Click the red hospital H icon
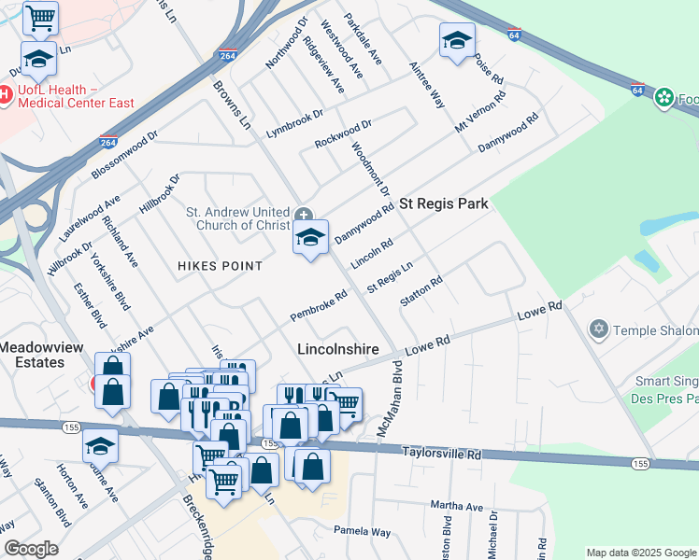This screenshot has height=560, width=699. [x=5, y=94]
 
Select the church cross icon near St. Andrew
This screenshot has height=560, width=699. [x=304, y=216]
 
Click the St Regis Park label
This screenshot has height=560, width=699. [x=444, y=203]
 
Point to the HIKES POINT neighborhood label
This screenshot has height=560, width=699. [x=221, y=266]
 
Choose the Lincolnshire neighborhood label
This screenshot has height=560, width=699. [x=337, y=350]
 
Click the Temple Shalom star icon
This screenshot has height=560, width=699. [x=599, y=329]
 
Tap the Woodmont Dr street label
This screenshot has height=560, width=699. [x=370, y=169]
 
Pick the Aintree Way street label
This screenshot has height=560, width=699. [x=426, y=86]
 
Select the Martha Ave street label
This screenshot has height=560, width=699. [x=457, y=506]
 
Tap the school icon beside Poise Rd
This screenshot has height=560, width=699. [x=457, y=40]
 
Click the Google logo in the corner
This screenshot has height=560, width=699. [x=31, y=549]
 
